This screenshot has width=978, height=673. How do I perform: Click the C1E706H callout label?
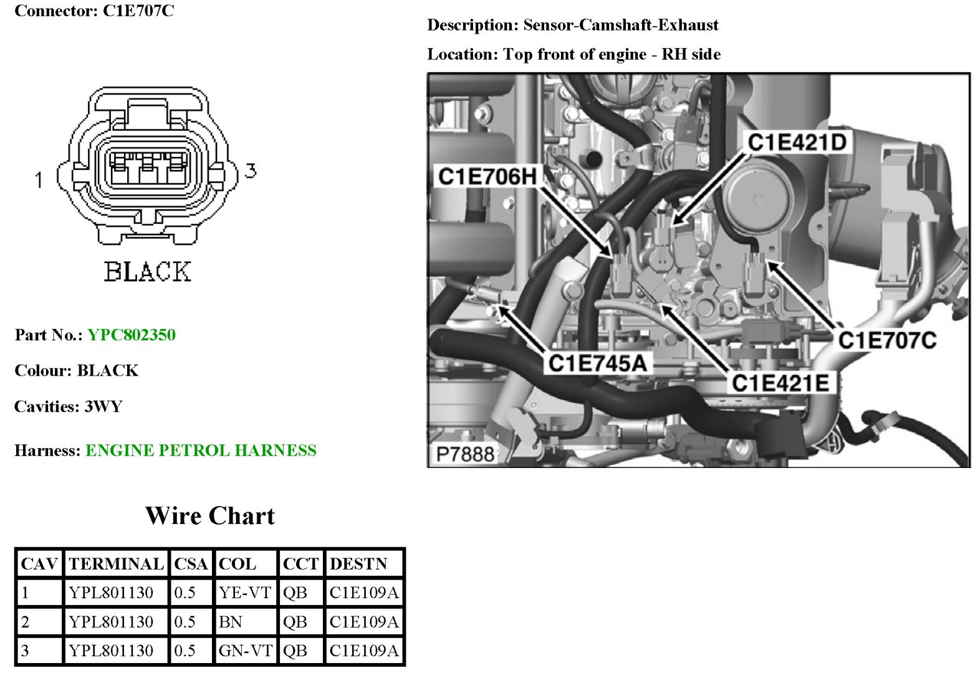point(487,176)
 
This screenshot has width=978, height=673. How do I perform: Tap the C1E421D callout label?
point(797,143)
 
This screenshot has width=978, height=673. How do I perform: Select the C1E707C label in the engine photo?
point(886,340)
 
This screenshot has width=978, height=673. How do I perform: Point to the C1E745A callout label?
point(597,363)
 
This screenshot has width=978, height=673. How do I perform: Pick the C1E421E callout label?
point(780,383)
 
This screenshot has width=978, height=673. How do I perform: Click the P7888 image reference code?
point(465,454)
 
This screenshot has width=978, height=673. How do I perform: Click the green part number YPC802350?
point(132,335)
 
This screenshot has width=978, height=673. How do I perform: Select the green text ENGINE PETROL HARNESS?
point(201,451)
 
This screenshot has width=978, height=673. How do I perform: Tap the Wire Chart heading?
point(210,516)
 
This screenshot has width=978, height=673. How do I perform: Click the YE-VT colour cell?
point(245,593)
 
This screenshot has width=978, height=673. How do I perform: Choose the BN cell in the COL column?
point(231,622)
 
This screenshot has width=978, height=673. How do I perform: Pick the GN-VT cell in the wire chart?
point(245,651)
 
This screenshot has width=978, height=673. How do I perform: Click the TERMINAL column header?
point(116,564)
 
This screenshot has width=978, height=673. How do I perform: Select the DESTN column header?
point(358,564)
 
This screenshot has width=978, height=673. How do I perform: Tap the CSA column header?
point(191,564)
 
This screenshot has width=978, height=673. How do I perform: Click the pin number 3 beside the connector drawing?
point(251,170)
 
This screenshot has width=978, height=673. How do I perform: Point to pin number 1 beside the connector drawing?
point(39,180)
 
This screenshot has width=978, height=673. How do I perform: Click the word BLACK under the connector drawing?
point(147,272)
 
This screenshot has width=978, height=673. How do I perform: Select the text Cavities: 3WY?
point(69,407)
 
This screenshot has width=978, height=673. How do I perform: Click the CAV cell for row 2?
point(26,622)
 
